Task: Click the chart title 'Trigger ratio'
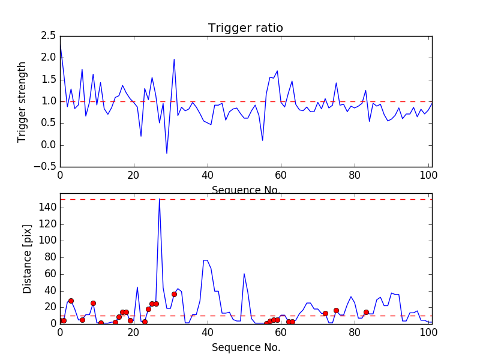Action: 245,28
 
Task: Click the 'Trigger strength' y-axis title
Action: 22,101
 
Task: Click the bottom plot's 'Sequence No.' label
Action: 246,347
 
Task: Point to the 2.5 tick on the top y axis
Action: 47,36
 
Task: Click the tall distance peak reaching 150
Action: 159,200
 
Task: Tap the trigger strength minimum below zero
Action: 167,153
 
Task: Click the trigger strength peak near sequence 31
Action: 174,59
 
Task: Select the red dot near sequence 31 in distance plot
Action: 174,294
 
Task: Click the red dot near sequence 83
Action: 366,312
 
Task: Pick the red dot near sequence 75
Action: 336,310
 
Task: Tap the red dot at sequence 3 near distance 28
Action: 71,301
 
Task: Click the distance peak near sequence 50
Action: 244,274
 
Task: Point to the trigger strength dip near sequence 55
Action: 263,140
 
